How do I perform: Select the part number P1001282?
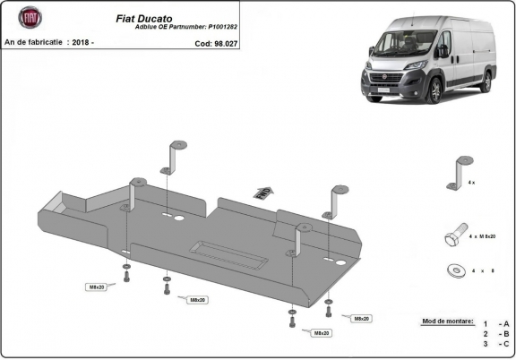click(x=231, y=28)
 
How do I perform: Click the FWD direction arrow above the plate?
click(x=263, y=191)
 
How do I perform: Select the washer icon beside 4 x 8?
click(x=456, y=269)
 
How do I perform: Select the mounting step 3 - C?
click(x=495, y=343)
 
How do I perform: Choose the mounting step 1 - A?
click(x=495, y=322)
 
